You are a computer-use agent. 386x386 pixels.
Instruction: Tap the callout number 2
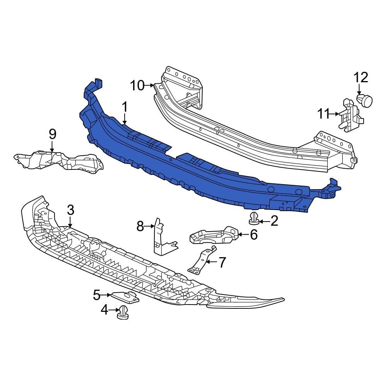[274, 221]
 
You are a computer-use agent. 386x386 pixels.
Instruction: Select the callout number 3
[70, 210]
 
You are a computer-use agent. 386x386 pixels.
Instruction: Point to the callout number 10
[137, 85]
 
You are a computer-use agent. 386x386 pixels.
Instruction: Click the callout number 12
[361, 78]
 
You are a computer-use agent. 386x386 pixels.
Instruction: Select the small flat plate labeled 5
[125, 297]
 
